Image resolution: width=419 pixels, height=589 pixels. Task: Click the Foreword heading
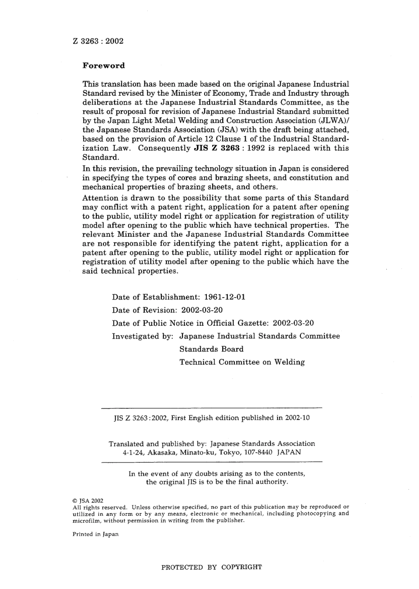[104, 66]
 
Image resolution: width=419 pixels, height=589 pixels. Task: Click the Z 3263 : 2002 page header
[98, 41]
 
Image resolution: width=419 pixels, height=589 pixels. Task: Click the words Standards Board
[211, 349]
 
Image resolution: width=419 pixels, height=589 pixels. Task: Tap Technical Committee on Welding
[242, 362]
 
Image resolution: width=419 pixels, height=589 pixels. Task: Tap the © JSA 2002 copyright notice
[88, 501]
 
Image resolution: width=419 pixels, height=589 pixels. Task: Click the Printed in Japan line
[95, 534]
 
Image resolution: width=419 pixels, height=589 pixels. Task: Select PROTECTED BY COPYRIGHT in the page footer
[211, 567]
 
